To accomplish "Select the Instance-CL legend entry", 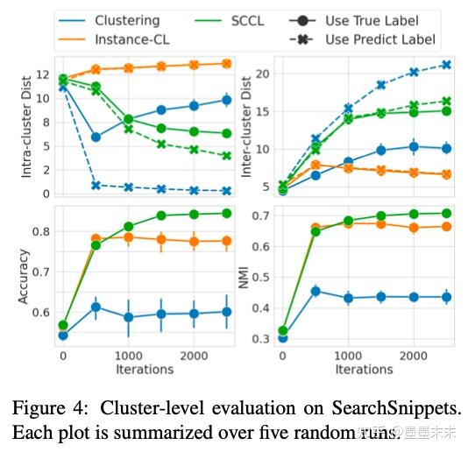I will point(133,39).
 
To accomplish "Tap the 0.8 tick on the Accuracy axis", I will point(40,231).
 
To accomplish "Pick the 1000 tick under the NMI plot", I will point(347,357).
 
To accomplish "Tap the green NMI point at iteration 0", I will point(283,330).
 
